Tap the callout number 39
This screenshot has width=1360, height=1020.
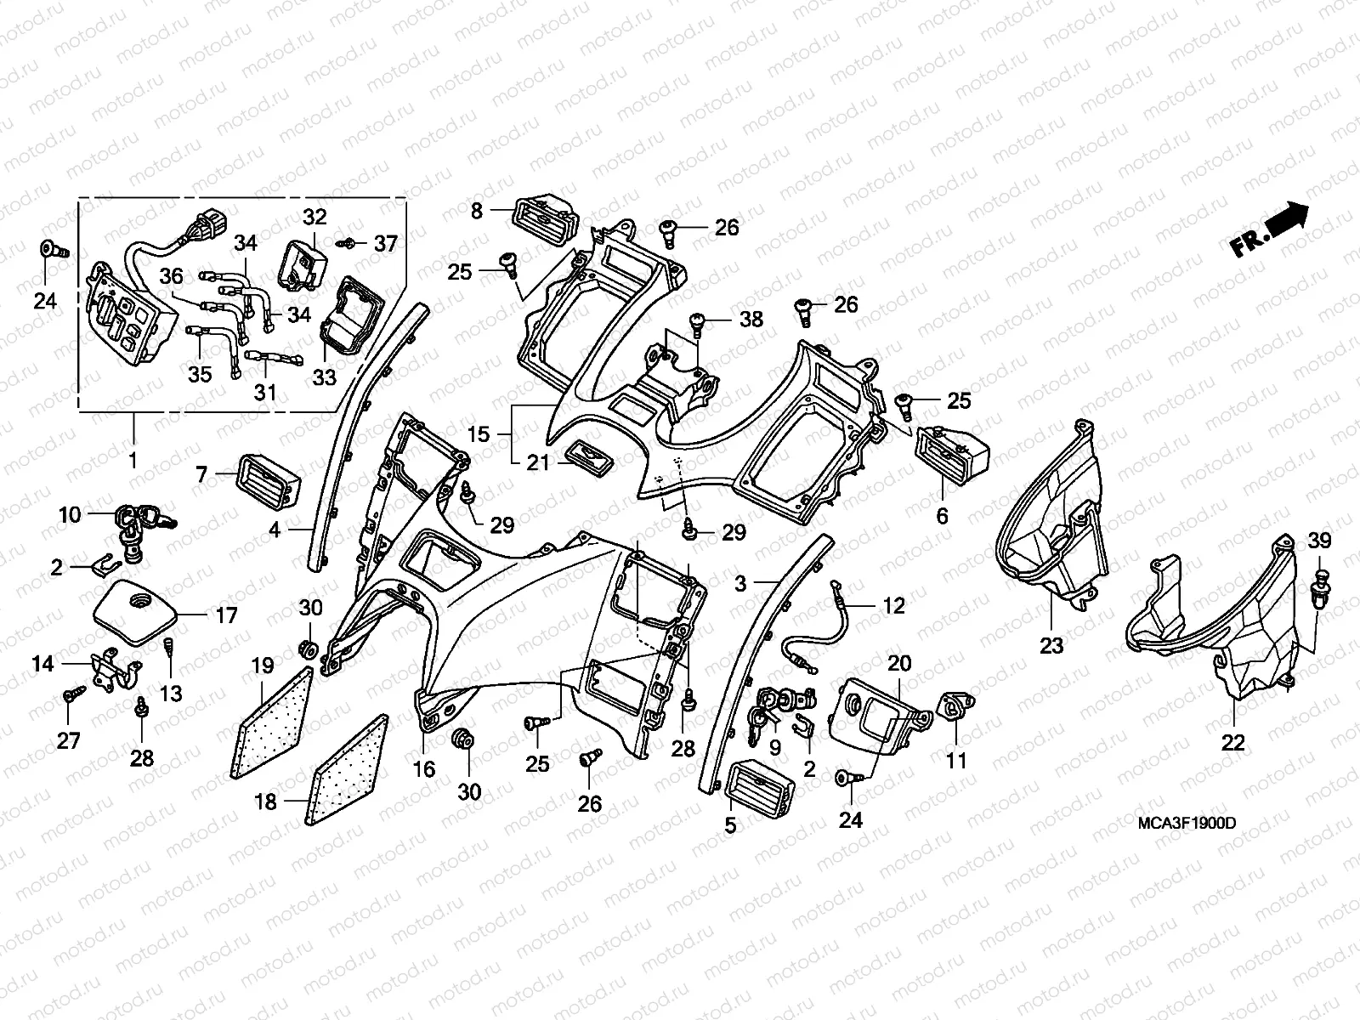[1320, 541]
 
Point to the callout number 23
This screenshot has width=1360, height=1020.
[1051, 646]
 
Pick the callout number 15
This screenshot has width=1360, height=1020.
[479, 434]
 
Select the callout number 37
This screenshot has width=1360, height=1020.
[386, 244]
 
